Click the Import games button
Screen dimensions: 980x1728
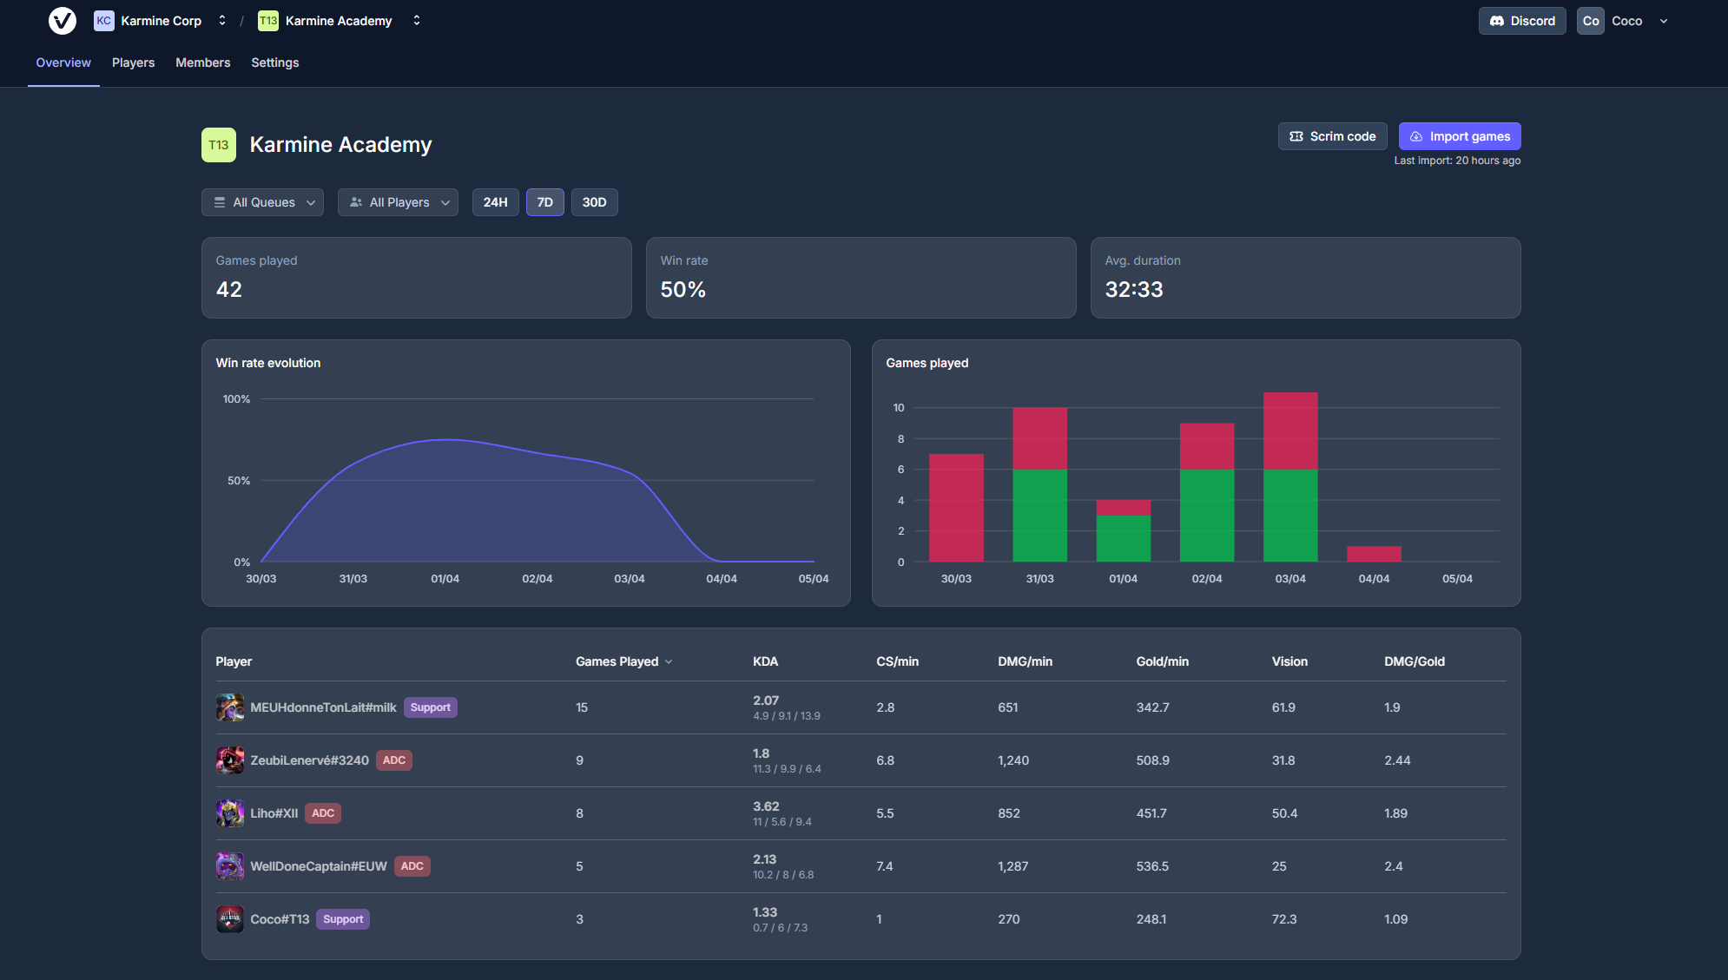(x=1459, y=136)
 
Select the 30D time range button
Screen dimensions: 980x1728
(x=594, y=202)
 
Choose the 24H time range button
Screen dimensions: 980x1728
(x=495, y=202)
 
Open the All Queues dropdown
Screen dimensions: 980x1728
(x=262, y=202)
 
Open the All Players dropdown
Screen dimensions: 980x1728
(x=398, y=202)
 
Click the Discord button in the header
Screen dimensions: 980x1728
(x=1522, y=21)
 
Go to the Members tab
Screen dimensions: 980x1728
(x=202, y=62)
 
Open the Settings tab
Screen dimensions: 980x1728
(x=274, y=62)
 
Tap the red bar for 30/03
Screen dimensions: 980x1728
(x=956, y=508)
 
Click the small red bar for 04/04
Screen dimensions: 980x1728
(x=1374, y=554)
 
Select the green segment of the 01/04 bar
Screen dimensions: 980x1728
(x=1123, y=538)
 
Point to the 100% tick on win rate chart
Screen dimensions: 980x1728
(x=236, y=399)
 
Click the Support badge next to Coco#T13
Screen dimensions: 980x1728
(x=343, y=919)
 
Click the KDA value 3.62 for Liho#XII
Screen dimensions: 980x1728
(x=766, y=806)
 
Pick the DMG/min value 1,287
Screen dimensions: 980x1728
(x=1012, y=866)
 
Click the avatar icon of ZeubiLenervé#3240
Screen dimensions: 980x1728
(x=230, y=760)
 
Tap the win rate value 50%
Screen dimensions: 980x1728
(x=683, y=290)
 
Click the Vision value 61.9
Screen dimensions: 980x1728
(x=1283, y=707)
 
